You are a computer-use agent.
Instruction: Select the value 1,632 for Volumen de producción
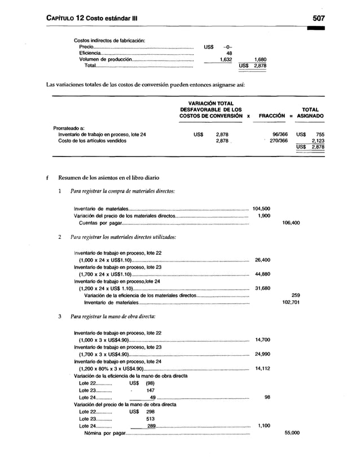click(224, 59)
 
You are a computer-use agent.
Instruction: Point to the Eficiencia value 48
click(229, 52)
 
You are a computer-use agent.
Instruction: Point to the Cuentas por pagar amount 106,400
click(291, 222)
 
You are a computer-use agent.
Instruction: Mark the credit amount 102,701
click(291, 302)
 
